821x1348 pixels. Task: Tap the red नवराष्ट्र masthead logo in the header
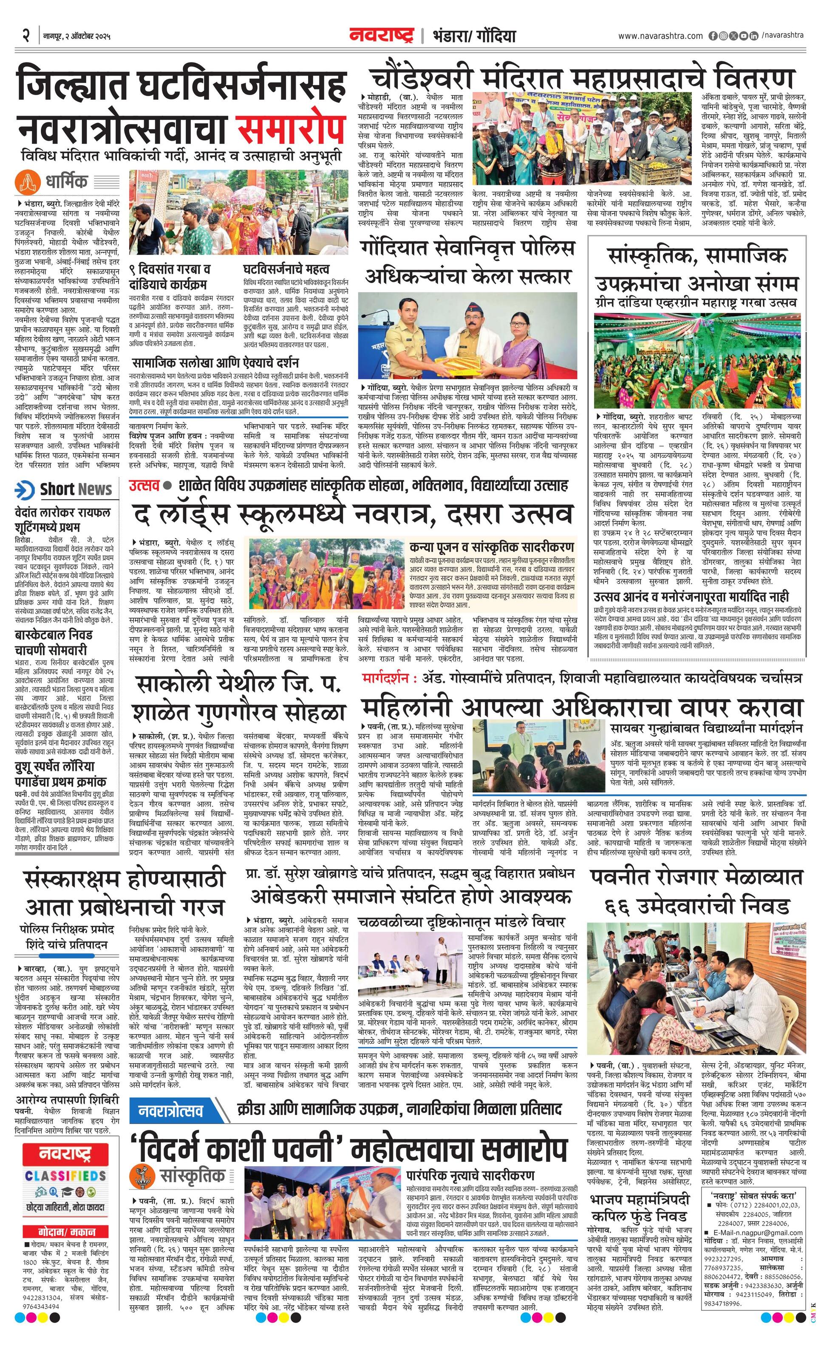point(382,36)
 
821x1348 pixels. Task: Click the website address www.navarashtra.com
point(660,36)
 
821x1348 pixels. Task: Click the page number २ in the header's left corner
point(25,36)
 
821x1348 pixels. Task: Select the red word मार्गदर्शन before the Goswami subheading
point(385,678)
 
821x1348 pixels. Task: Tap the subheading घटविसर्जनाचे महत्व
point(286,269)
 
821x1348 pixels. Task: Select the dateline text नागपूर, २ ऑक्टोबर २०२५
point(76,37)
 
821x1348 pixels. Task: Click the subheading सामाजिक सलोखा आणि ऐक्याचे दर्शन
point(215,363)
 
